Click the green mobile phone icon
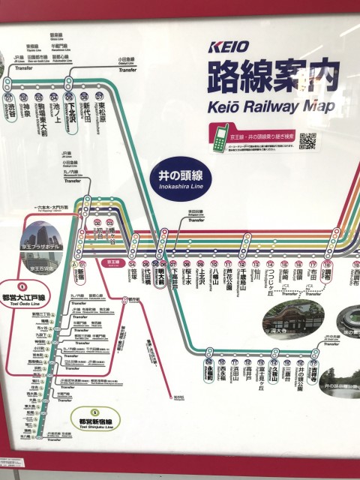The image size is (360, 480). [220, 139]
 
